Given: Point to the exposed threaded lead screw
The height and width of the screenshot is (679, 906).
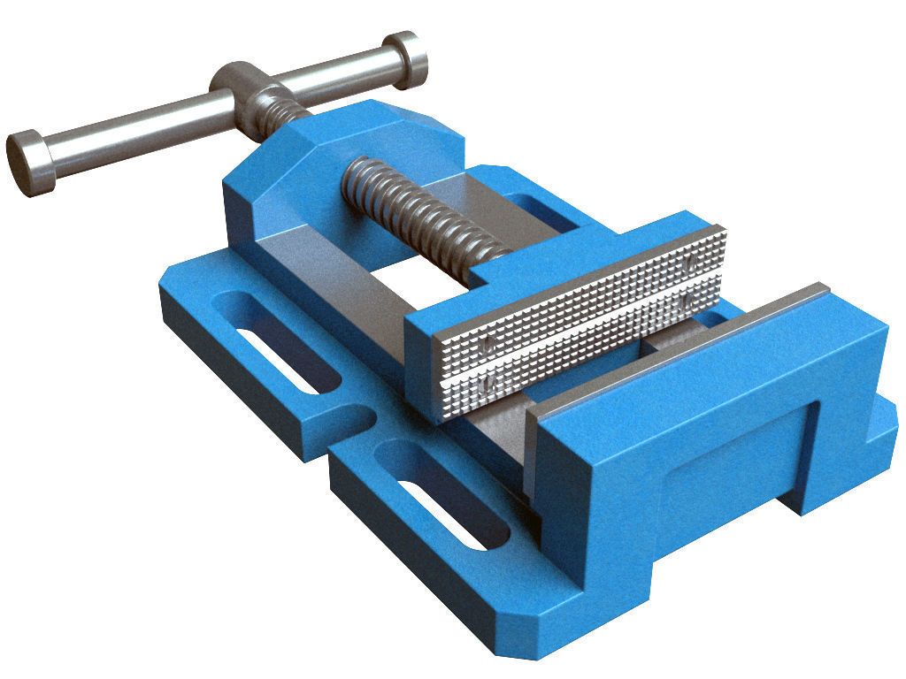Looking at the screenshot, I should [416, 212].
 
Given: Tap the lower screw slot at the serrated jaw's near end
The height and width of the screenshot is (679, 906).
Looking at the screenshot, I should [488, 385].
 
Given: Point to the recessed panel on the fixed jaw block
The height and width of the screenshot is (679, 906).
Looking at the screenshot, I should [734, 460].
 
